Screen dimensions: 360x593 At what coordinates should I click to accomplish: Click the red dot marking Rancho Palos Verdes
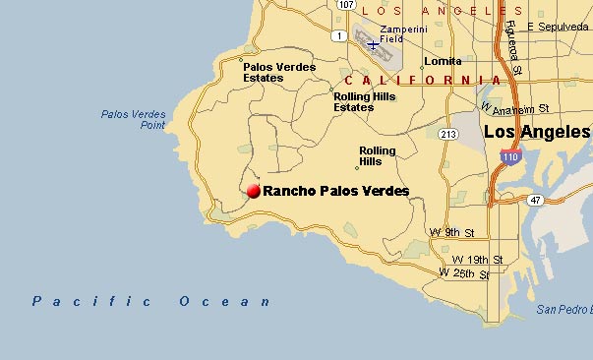254,191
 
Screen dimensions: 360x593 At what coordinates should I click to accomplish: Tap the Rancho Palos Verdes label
336,191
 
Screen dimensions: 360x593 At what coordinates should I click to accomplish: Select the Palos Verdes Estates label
279,73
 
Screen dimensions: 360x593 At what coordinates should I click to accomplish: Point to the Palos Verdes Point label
133,120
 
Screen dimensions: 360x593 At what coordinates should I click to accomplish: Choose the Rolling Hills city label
378,156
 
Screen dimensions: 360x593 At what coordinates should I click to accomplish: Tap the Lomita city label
443,61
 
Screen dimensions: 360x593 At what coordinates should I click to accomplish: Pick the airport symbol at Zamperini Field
372,44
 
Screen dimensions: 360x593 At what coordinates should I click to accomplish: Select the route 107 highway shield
345,5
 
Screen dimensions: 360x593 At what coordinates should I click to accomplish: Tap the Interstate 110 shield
509,156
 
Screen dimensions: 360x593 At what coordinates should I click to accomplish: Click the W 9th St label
452,233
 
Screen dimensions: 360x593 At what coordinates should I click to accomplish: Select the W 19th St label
482,260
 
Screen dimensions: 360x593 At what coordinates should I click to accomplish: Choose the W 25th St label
464,272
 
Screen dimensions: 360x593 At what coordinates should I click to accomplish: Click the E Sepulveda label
557,27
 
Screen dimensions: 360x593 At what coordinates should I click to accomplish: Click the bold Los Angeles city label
537,132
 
